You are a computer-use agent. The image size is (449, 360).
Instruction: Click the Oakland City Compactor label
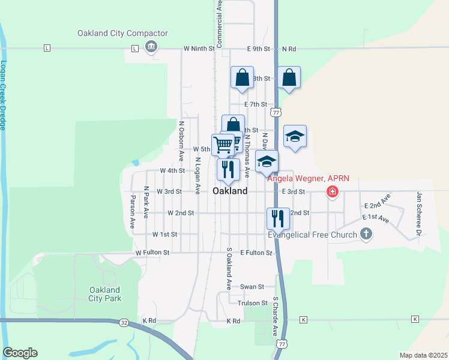[x=113, y=34]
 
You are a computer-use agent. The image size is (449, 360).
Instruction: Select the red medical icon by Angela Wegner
[x=331, y=192]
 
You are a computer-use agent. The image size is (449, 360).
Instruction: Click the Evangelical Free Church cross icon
[x=366, y=235]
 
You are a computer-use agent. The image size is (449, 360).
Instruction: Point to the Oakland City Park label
[x=104, y=294]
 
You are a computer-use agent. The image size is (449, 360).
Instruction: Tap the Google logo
[x=20, y=353]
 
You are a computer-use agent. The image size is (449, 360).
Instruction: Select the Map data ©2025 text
[x=423, y=355]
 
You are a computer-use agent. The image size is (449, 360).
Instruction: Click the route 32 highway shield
[x=124, y=322]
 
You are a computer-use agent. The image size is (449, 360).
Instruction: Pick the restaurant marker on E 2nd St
[x=277, y=218]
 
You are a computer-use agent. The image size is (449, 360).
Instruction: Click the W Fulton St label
[x=154, y=253]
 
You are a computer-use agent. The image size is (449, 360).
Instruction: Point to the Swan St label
[x=252, y=287]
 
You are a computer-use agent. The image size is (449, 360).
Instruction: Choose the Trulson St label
[x=252, y=303]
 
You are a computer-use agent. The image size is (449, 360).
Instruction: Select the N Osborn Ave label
[x=181, y=141]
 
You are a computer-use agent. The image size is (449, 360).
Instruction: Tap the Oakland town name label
[x=230, y=191]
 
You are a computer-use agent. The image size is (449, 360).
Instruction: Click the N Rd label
[x=289, y=49]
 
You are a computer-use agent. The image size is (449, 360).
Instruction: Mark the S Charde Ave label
[x=275, y=316]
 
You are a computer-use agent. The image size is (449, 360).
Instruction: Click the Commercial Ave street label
[x=220, y=24]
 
